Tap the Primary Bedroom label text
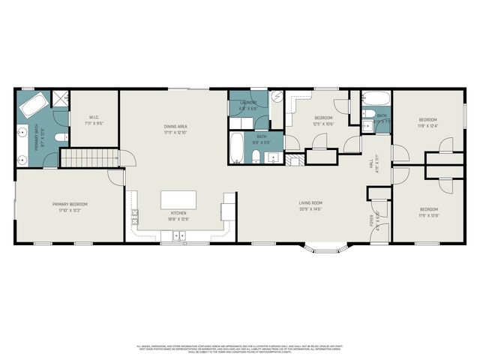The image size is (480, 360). tap(70, 204)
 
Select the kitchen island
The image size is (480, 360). tap(178, 199)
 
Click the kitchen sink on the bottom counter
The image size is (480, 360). tap(179, 235)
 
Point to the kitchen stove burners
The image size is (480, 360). tap(136, 217)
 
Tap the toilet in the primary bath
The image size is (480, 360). tap(61, 138)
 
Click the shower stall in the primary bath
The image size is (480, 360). tap(59, 97)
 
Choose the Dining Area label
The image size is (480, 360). tap(175, 126)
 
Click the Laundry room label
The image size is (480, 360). tap(248, 103)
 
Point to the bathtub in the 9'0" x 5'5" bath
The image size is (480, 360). tap(236, 147)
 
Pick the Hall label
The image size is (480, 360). tap(370, 163)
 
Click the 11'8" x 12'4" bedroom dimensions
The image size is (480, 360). tap(428, 126)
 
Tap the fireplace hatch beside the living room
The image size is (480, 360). tap(294, 159)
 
